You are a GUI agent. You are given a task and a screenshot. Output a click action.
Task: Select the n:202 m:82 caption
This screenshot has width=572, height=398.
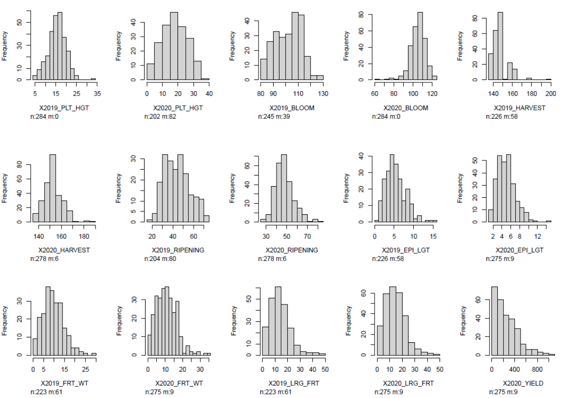(x=163, y=116)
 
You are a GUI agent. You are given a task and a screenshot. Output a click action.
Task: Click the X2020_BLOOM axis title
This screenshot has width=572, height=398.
(x=406, y=108)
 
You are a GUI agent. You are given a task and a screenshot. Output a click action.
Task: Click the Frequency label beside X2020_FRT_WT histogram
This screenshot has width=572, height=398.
(x=119, y=320)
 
